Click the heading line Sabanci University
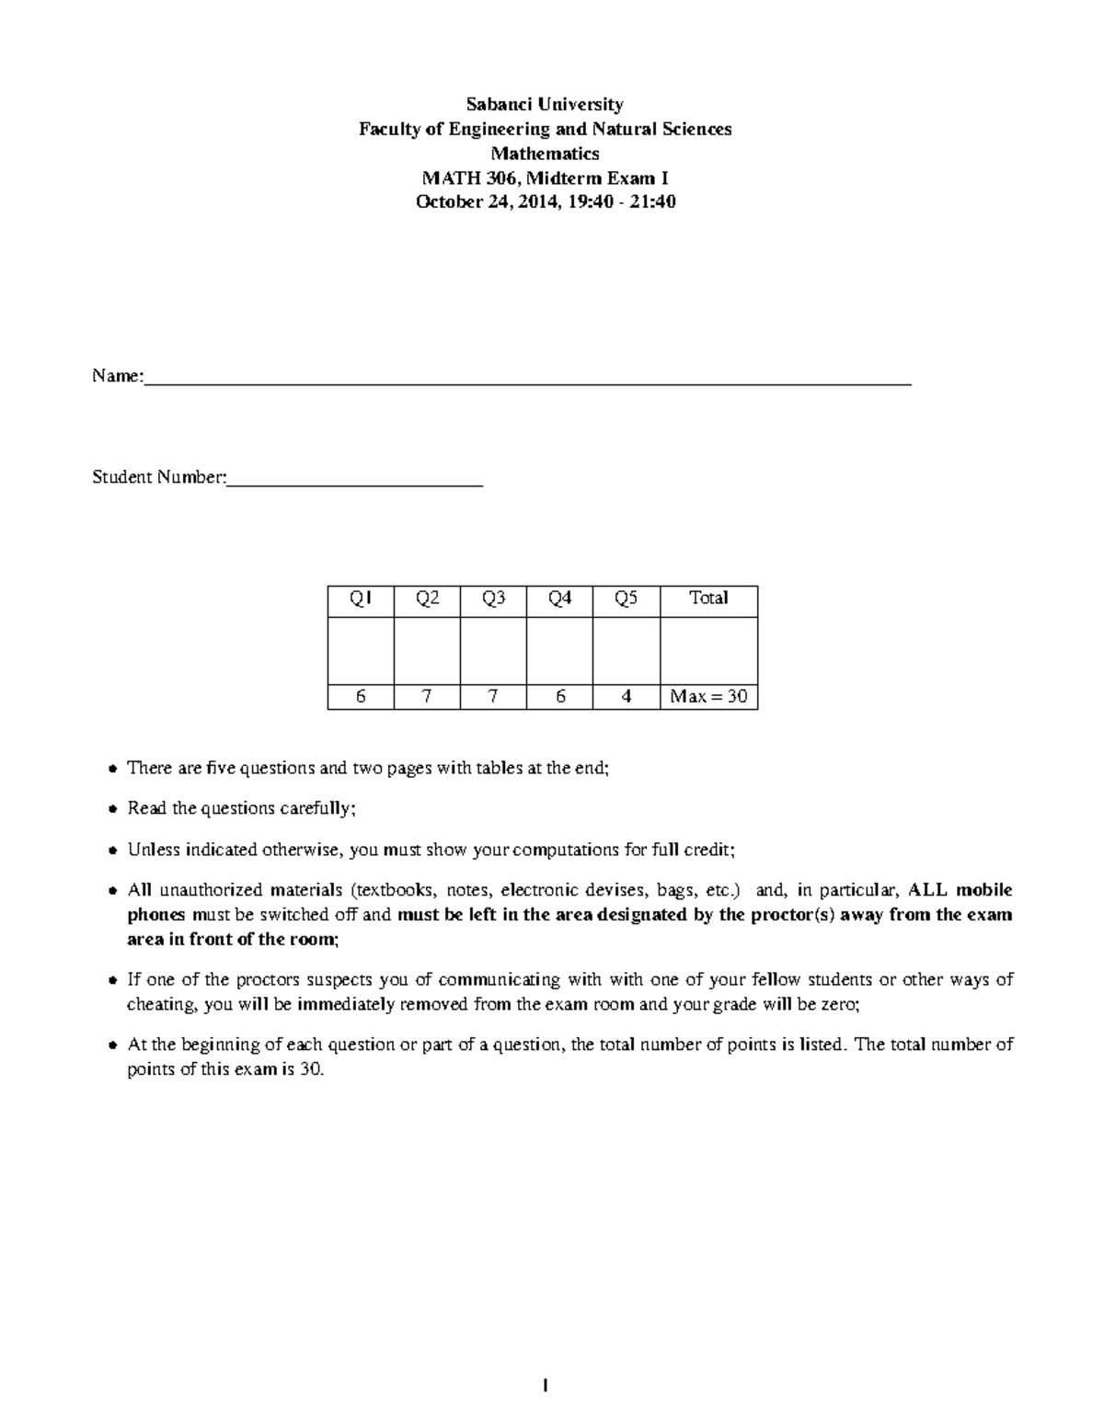(x=545, y=104)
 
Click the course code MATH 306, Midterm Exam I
(x=545, y=177)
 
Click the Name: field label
(x=117, y=376)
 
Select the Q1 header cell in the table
(x=361, y=599)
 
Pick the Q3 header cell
(x=493, y=599)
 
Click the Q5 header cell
(x=626, y=599)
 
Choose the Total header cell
(x=708, y=599)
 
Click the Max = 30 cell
(x=708, y=697)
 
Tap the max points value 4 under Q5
(x=626, y=697)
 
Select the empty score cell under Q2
(x=427, y=650)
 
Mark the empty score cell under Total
(x=708, y=650)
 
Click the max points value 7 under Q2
(x=427, y=697)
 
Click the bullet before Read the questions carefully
(x=112, y=809)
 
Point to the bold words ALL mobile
(x=960, y=890)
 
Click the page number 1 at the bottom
(x=546, y=1386)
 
